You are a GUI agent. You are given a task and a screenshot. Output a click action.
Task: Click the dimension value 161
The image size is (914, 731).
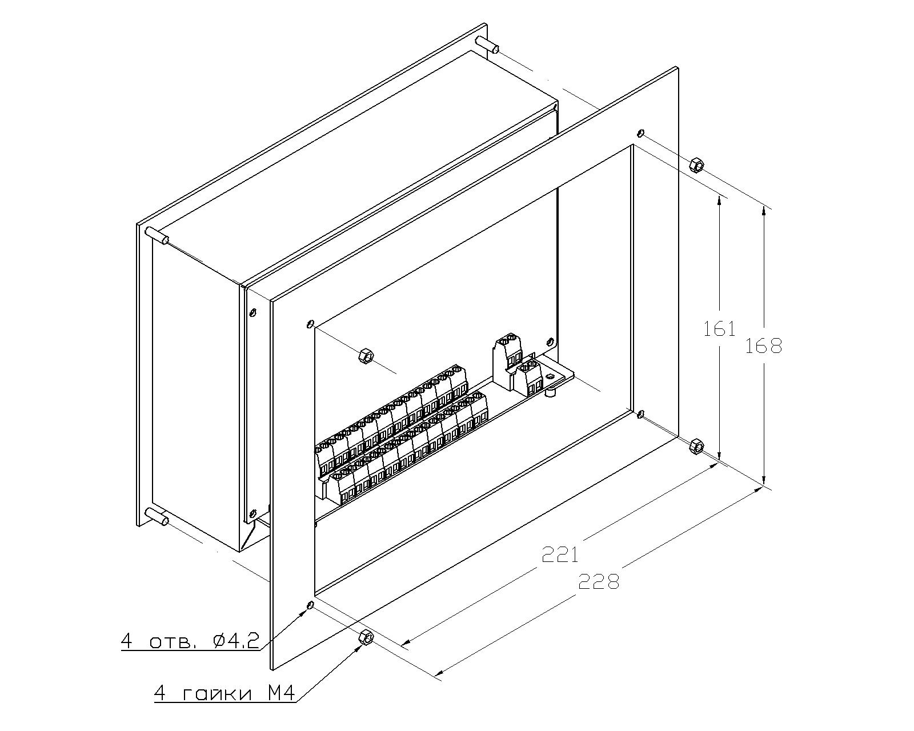pos(719,329)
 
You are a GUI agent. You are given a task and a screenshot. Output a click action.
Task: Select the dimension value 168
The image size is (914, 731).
pos(764,347)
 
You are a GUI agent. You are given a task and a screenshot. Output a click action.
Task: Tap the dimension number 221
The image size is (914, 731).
pos(560,555)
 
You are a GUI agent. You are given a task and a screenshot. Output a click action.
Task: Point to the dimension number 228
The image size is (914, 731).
pos(599,581)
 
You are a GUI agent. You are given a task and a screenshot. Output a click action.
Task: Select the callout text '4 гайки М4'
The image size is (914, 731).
pos(225,694)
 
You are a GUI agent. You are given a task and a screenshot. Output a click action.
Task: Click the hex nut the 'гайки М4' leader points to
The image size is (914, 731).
pos(365,637)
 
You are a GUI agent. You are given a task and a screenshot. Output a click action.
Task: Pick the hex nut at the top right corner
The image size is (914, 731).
pos(695,164)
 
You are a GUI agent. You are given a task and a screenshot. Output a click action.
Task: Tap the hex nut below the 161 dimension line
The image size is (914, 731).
pos(695,447)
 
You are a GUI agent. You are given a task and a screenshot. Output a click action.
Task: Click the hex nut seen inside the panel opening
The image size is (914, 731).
pos(364,355)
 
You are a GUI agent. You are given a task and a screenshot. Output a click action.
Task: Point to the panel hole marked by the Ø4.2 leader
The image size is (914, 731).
pos(310,605)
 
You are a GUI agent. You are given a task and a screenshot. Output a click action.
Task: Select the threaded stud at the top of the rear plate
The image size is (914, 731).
pos(487,45)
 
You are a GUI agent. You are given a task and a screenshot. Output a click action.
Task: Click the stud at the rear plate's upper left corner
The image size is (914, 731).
pos(157,236)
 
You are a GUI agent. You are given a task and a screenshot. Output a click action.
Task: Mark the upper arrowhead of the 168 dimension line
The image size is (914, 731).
pos(764,212)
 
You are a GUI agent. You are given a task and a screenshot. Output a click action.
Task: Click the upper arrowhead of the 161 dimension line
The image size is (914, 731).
pos(719,201)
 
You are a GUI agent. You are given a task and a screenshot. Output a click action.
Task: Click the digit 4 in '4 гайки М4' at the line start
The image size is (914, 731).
pos(160,694)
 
